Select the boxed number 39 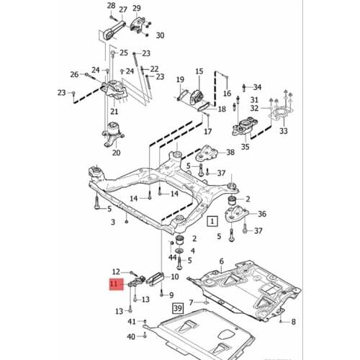pyautogui.click(x=178, y=308)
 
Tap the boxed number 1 pyautogui.click(x=212, y=222)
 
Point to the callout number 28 pyautogui.click(x=111, y=6)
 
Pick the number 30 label pyautogui.click(x=159, y=35)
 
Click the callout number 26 pyautogui.click(x=73, y=74)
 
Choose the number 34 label pyautogui.click(x=258, y=86)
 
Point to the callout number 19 pyautogui.click(x=179, y=80)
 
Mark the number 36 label pyautogui.click(x=261, y=214)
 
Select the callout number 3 pyautogui.click(x=112, y=223)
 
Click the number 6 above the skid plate pyautogui.click(x=222, y=261)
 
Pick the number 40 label pyautogui.click(x=131, y=336)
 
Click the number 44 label pyautogui.click(x=172, y=257)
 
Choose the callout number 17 pyautogui.click(x=207, y=132)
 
